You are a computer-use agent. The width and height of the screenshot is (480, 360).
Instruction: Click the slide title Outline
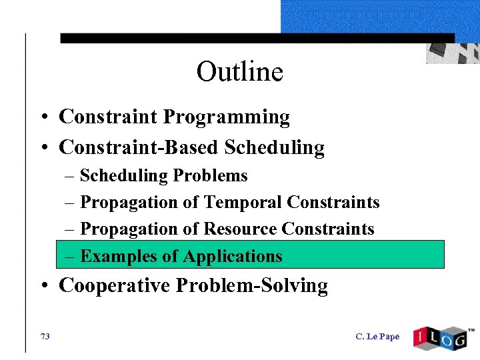239,72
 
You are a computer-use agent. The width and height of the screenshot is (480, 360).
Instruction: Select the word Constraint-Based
139,147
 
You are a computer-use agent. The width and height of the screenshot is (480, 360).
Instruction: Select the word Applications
233,257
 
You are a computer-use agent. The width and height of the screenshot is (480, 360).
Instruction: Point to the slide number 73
45,337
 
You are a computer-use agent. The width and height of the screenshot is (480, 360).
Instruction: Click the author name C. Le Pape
377,337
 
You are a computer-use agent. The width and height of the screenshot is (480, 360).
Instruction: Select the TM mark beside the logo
471,330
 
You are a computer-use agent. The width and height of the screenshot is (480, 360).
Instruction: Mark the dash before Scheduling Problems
71,177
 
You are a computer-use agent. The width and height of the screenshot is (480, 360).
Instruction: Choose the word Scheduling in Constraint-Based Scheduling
274,147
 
